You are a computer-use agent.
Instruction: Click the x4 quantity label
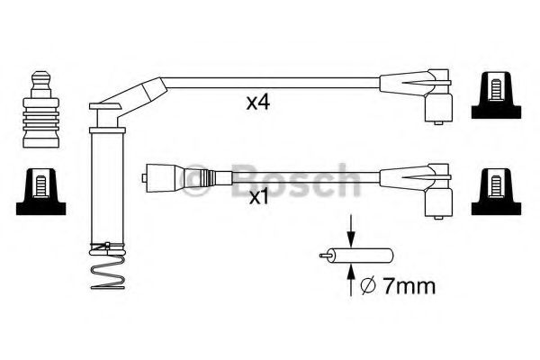point(258,103)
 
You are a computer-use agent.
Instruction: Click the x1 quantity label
point(258,197)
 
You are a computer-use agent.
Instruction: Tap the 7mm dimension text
point(409,286)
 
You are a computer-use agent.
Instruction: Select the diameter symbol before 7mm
point(367,287)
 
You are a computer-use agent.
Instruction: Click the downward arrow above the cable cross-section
point(351,230)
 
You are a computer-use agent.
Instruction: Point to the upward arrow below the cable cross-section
point(351,280)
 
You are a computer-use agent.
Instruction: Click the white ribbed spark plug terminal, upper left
point(41,110)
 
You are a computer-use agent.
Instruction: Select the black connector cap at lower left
point(41,192)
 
